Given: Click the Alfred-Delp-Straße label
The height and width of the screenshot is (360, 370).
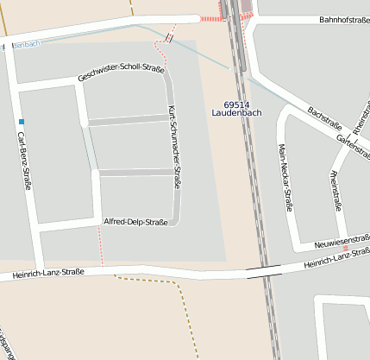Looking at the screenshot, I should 135,223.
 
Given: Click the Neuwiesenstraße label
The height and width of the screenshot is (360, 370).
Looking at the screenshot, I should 340,238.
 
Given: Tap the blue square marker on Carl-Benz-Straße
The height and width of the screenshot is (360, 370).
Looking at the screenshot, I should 21,122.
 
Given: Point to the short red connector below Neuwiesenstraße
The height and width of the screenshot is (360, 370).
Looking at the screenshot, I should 345,248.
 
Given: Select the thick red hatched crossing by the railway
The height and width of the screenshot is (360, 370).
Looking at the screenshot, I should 210,18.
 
